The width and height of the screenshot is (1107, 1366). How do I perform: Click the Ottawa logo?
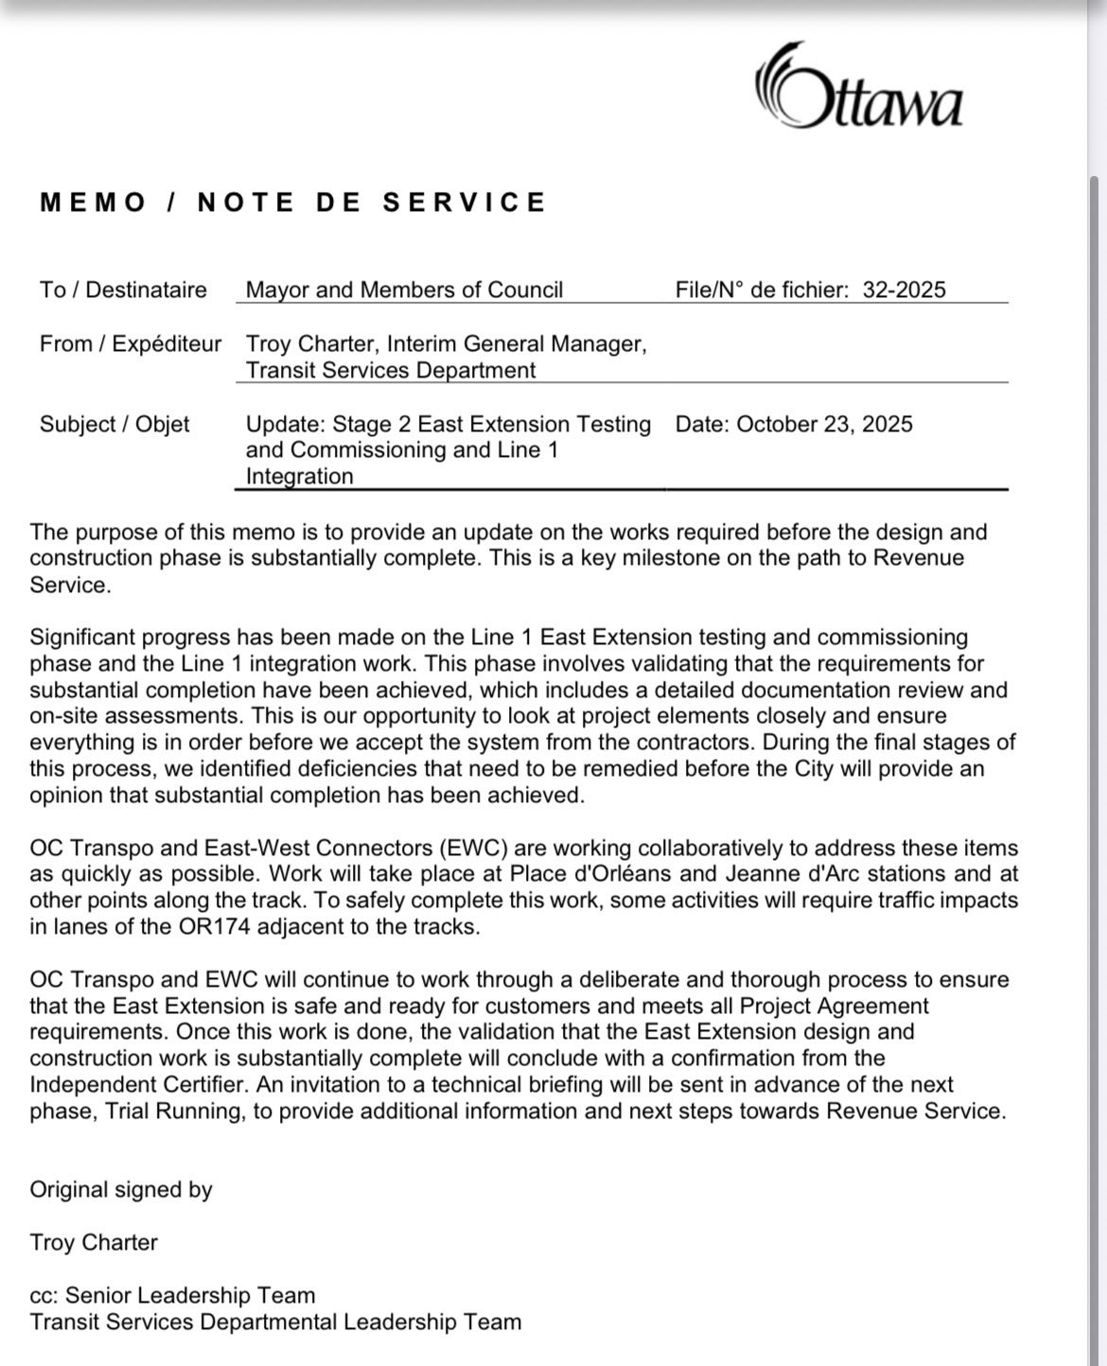[x=859, y=87]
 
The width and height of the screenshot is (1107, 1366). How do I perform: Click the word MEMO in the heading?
[x=94, y=202]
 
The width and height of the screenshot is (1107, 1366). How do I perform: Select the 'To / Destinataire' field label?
[x=123, y=289]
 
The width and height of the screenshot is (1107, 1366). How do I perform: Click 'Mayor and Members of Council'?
[x=404, y=289]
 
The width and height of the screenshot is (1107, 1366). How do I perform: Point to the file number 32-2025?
[x=904, y=289]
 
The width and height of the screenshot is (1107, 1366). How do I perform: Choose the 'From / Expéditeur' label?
[x=131, y=343]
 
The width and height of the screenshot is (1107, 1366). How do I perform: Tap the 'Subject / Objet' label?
[x=114, y=424]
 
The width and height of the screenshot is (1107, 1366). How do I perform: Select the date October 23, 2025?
[x=824, y=424]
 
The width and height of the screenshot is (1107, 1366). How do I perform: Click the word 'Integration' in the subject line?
[x=299, y=476]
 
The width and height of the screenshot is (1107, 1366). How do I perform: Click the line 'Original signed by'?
[x=121, y=1189]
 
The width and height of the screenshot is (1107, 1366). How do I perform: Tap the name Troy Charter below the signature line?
[x=94, y=1242]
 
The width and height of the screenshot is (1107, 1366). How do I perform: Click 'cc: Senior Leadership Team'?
[x=172, y=1295]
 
